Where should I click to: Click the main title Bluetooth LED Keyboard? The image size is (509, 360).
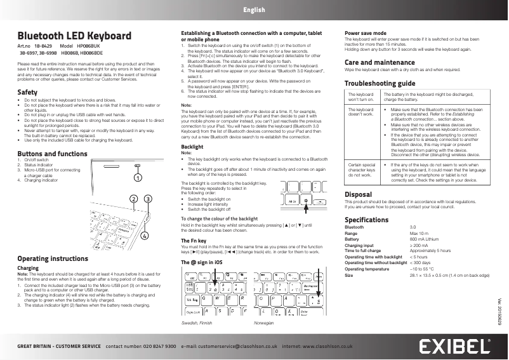coord(74,36)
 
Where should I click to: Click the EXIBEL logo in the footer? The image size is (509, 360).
coord(456,347)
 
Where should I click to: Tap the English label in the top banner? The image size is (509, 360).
coord(254,10)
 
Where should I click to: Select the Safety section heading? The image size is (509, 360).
coord(27,93)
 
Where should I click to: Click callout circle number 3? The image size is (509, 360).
coord(147,199)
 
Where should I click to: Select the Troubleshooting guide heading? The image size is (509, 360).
coord(380,83)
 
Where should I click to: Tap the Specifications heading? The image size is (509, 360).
coord(366,220)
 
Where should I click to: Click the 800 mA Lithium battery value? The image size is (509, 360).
coord(424,238)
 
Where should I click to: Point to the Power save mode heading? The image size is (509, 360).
coord(365,32)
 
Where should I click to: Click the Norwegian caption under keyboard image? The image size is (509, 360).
coord(263,323)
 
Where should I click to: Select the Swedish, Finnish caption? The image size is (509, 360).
coord(197,323)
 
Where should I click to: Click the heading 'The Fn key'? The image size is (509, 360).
coord(194,242)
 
